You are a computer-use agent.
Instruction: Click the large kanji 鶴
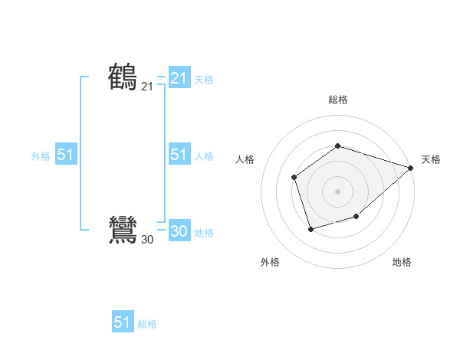pyautogui.click(x=123, y=77)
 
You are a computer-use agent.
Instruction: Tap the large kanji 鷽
pyautogui.click(x=123, y=230)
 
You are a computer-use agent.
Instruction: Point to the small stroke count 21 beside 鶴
pyautogui.click(x=147, y=87)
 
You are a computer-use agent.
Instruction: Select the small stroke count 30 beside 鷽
pyautogui.click(x=147, y=240)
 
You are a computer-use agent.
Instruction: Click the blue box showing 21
pyautogui.click(x=179, y=78)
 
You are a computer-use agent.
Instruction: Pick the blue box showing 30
pyautogui.click(x=179, y=231)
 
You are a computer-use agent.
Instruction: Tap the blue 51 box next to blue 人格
pyautogui.click(x=179, y=155)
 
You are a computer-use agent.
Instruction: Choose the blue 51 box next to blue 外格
pyautogui.click(x=65, y=155)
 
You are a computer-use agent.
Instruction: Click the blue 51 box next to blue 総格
pyautogui.click(x=123, y=322)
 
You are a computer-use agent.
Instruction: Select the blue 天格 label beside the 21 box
pyautogui.click(x=204, y=80)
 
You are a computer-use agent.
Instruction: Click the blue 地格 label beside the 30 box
pyautogui.click(x=204, y=233)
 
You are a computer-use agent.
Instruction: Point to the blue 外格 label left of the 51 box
pyautogui.click(x=41, y=156)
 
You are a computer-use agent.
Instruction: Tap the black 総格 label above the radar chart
pyautogui.click(x=337, y=100)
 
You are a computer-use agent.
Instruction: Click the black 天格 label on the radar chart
pyautogui.click(x=431, y=159)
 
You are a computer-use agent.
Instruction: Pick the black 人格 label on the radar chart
pyautogui.click(x=245, y=159)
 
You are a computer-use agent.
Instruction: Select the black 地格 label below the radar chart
pyautogui.click(x=402, y=262)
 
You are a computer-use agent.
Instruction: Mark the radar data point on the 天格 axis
pyautogui.click(x=411, y=168)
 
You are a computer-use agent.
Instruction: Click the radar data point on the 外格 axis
pyautogui.click(x=310, y=229)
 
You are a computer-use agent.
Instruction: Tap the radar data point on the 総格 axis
pyautogui.click(x=337, y=146)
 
